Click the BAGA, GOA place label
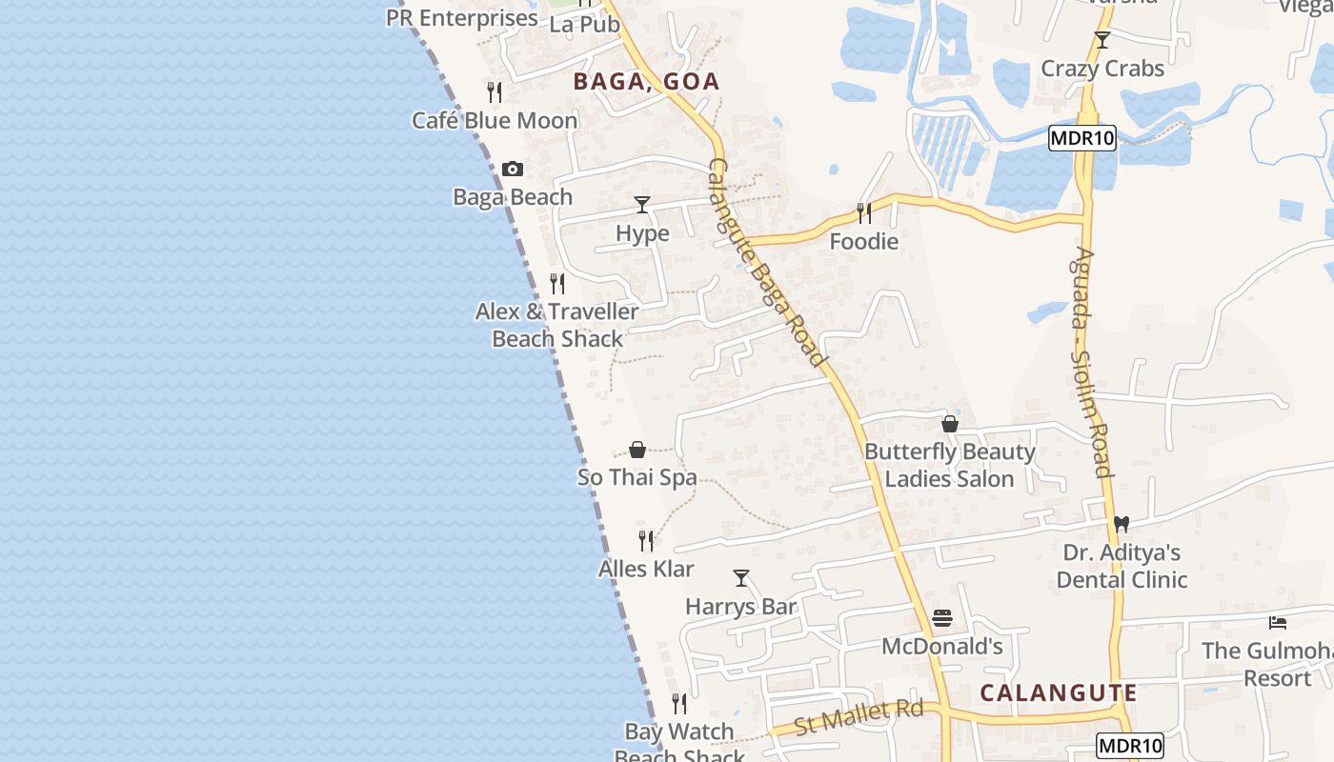click(646, 82)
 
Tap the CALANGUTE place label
click(1058, 692)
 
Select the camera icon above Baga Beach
click(513, 170)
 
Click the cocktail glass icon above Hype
click(642, 205)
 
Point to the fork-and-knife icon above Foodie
click(864, 212)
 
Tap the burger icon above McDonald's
click(942, 619)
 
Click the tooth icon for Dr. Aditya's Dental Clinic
click(1122, 524)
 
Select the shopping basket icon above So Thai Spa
click(637, 450)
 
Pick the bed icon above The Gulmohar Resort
click(1278, 623)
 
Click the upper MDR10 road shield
click(1081, 139)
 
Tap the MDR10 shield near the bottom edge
click(1130, 745)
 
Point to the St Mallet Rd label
click(859, 716)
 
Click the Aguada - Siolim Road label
click(1091, 362)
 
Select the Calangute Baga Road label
click(766, 262)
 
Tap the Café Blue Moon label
click(495, 121)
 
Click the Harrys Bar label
click(740, 607)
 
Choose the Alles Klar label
click(646, 570)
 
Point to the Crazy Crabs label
click(1102, 69)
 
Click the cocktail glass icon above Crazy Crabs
click(1102, 40)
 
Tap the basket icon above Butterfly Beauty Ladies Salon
click(950, 424)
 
